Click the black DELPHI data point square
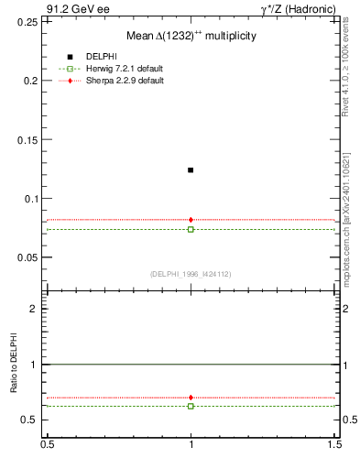coord(191,169)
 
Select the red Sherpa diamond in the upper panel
coord(191,220)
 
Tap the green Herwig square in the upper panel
coord(191,229)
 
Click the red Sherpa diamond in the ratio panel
coord(191,398)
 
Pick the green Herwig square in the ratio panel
coord(191,406)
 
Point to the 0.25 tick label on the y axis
coord(26,21)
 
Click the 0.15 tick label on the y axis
coord(26,139)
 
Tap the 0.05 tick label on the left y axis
coord(26,257)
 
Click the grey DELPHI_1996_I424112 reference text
coord(191,273)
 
